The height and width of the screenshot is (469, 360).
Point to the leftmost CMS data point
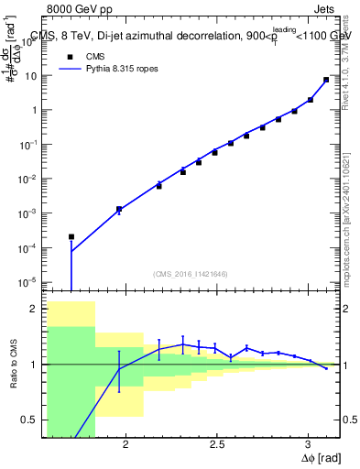coord(71,236)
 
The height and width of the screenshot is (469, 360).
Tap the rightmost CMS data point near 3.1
coord(326,80)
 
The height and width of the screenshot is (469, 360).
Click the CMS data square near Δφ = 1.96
coord(118,209)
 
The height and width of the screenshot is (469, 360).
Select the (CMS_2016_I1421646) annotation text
coord(191,273)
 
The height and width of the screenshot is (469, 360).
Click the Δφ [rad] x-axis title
coord(320,457)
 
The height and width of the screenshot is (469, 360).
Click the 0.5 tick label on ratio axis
coord(29,420)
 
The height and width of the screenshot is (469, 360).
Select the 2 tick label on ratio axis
coord(33,310)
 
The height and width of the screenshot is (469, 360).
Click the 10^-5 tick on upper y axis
coord(28,281)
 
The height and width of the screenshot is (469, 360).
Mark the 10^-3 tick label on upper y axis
coord(28,213)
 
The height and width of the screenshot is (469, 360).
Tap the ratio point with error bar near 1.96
coord(118,369)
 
